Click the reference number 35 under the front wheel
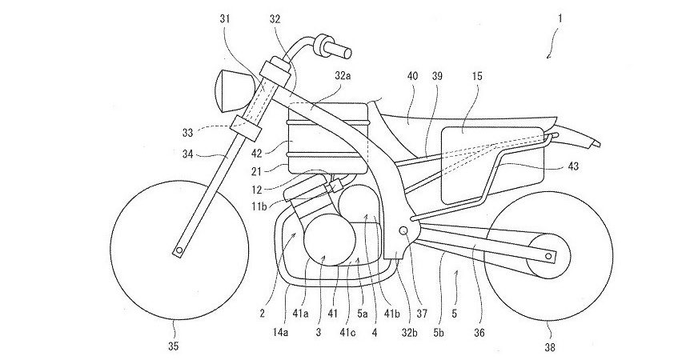[173, 346]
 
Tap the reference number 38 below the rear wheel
[550, 346]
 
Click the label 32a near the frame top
[343, 74]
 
